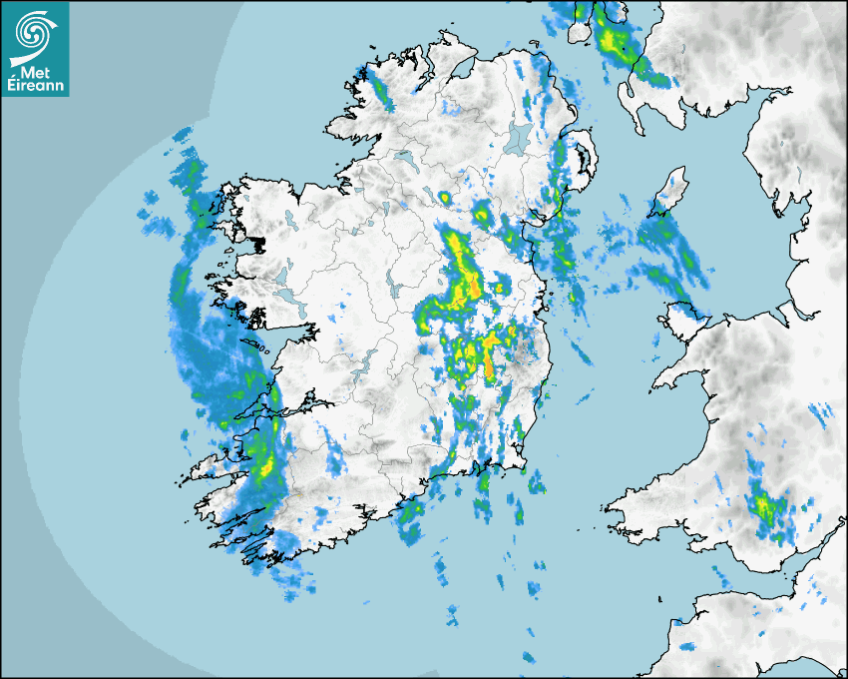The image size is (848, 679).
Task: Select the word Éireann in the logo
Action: [x=35, y=86]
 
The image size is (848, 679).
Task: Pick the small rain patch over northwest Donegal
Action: [x=380, y=90]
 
